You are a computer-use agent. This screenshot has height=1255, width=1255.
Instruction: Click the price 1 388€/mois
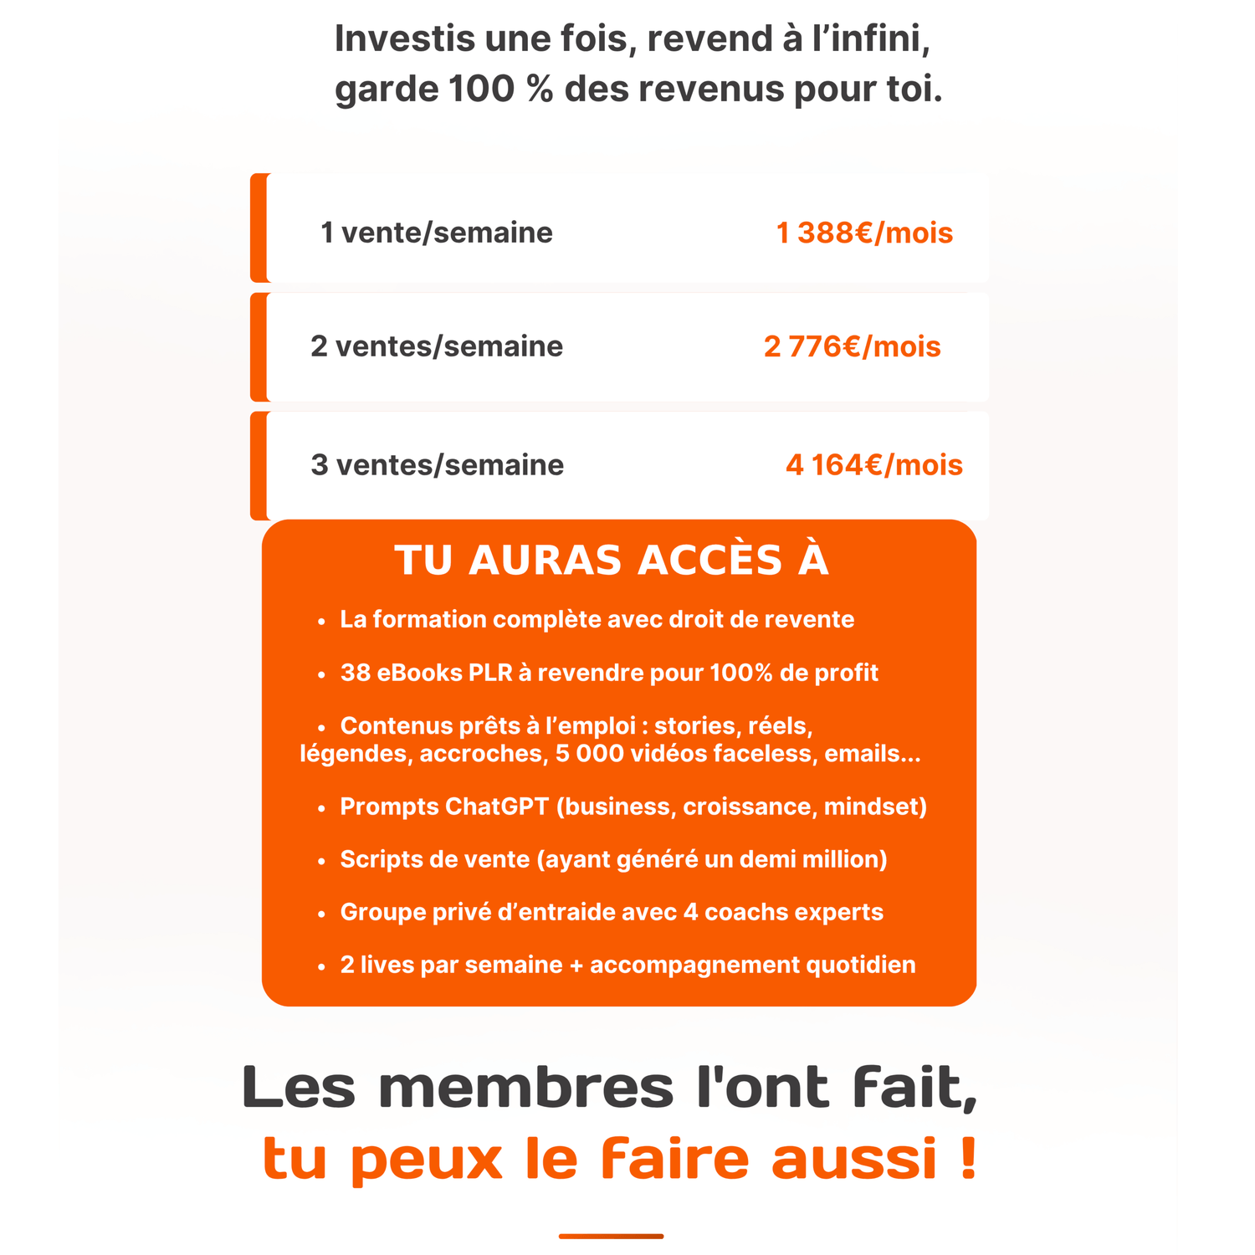click(864, 233)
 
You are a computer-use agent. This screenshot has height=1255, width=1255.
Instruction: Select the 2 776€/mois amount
click(852, 346)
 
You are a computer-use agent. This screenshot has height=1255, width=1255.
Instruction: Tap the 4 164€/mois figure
click(873, 464)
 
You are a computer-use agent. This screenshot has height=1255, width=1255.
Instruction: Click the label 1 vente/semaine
click(436, 233)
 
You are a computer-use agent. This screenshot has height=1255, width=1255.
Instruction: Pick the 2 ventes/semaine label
click(436, 346)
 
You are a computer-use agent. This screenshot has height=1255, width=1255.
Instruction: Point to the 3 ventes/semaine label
click(437, 464)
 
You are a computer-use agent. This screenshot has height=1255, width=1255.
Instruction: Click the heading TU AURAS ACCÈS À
click(612, 561)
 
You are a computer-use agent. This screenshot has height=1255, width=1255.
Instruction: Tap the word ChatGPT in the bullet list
click(496, 807)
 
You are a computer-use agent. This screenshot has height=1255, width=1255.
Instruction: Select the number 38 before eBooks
click(355, 673)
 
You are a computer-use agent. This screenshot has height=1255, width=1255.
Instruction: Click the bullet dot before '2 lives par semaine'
click(321, 967)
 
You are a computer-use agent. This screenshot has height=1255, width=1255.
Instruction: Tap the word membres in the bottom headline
click(525, 1088)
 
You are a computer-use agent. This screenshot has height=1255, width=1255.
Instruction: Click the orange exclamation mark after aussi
click(969, 1158)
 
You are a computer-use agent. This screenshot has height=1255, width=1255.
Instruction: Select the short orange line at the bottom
click(611, 1236)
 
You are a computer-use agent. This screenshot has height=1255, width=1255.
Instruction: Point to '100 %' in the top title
click(500, 90)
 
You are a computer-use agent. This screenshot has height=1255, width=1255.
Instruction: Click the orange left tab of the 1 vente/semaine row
click(259, 228)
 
